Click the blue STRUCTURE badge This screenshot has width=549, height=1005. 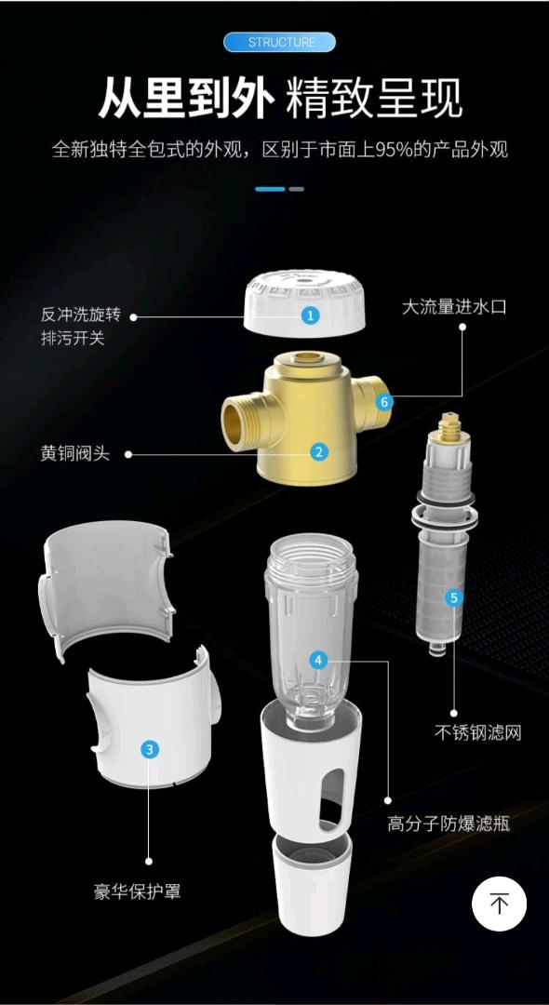(x=280, y=43)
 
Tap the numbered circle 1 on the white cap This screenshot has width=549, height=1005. (x=311, y=315)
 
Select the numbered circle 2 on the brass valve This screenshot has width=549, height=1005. (x=318, y=452)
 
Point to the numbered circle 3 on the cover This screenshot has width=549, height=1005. (x=149, y=748)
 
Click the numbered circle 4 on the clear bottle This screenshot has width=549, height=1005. (x=320, y=660)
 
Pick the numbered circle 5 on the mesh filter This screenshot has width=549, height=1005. (x=453, y=598)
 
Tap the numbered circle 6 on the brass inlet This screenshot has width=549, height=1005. (x=384, y=402)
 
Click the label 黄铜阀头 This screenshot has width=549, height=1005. (x=75, y=454)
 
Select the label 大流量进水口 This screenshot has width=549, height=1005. (x=454, y=307)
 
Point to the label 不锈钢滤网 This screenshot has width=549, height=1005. (x=478, y=732)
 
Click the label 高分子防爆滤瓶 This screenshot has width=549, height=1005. (x=449, y=824)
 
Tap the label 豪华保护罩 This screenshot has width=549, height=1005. (x=137, y=891)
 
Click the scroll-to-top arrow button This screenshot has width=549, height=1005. (x=499, y=904)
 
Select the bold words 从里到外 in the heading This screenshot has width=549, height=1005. (x=186, y=100)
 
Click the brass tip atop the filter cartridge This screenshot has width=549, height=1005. (x=452, y=426)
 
